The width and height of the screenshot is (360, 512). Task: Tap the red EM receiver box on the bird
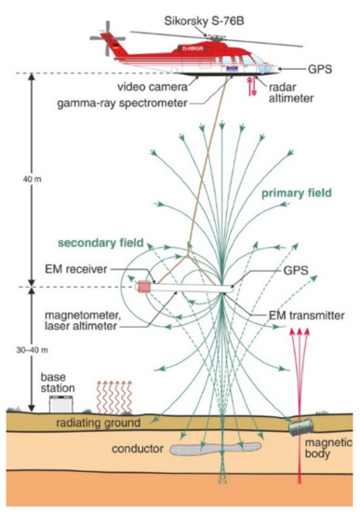point(146,287)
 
